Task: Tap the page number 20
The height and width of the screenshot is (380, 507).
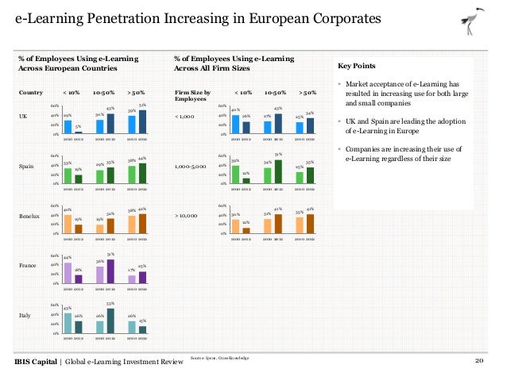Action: pos(480,362)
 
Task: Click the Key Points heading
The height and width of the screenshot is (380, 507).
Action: pos(358,66)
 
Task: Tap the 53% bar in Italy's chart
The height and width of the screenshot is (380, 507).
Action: pos(110,320)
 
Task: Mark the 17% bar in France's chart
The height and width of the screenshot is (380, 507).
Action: pos(131,278)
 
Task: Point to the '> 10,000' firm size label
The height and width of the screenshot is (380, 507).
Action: pos(187,216)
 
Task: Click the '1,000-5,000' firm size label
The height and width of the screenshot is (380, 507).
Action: pos(191,167)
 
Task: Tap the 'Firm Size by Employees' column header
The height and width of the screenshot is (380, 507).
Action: pos(192,96)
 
